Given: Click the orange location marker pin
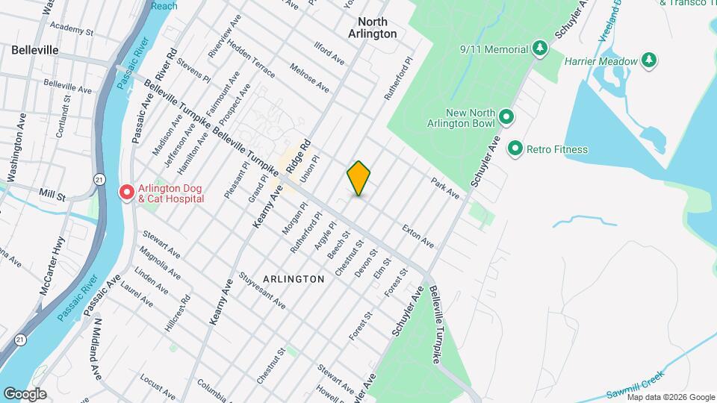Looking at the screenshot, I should point(359,178).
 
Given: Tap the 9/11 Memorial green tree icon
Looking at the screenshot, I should point(539,49).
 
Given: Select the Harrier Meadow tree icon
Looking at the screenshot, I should point(650,61).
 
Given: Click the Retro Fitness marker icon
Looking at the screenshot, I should point(515,149).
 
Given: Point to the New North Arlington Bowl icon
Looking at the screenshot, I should point(506,117).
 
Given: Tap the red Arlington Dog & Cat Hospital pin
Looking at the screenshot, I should point(127,193).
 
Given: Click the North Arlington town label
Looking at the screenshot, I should point(377,28).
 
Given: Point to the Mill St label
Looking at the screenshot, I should point(52,194).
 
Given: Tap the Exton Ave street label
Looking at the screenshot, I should point(418,236).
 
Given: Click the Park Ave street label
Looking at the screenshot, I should point(445,187).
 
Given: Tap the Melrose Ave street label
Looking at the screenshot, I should point(311,76).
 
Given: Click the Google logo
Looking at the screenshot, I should point(25,394).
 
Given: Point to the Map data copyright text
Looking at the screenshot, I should point(671,397).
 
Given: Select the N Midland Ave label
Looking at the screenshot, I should point(97,348).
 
